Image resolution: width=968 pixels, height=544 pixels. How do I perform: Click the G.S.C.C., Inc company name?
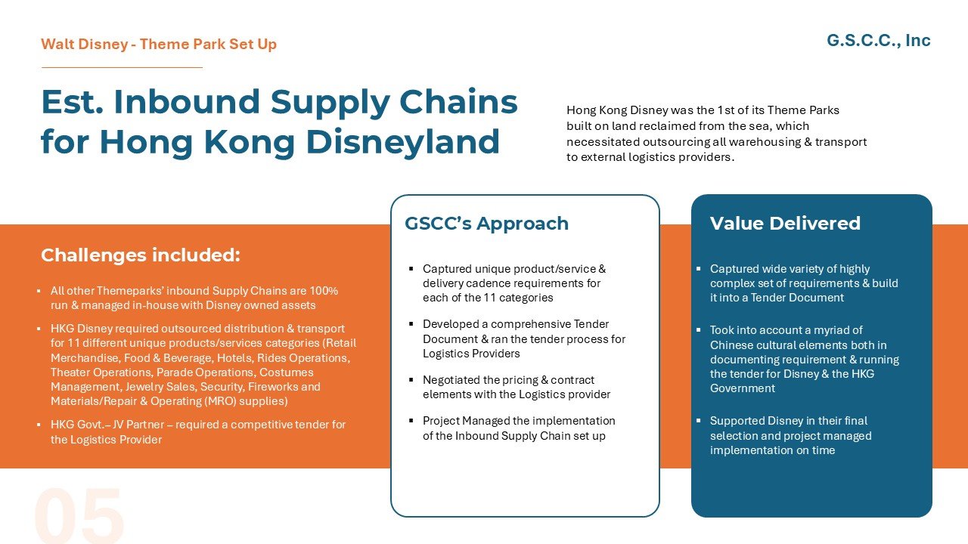[x=878, y=41]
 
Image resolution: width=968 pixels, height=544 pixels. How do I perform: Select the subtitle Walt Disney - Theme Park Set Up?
[x=159, y=45]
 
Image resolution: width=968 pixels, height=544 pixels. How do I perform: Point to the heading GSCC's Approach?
[x=486, y=224]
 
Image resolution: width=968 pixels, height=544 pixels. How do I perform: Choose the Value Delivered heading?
[x=784, y=224]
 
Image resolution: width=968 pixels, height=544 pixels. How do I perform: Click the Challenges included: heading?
[x=140, y=255]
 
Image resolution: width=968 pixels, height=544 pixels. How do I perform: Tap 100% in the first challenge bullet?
[x=324, y=291]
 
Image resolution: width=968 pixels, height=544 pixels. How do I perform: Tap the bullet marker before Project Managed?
[x=411, y=421]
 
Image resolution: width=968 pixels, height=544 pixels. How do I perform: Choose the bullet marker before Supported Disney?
[x=699, y=421]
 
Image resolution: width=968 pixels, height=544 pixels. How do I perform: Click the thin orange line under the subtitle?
[x=122, y=68]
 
